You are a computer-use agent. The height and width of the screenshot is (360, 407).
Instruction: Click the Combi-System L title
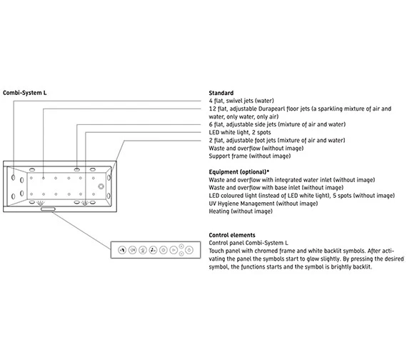tap(25, 93)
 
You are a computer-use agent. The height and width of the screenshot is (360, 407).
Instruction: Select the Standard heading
tap(221, 93)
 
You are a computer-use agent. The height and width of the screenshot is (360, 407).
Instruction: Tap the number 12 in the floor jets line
tap(212, 109)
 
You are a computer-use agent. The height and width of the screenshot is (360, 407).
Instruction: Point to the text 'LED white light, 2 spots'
tap(240, 132)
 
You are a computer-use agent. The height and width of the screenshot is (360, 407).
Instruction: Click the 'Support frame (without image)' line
tap(249, 156)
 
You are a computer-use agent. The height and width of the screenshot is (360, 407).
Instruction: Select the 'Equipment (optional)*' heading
tap(238, 172)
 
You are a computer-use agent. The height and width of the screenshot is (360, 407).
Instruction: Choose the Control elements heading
tap(232, 235)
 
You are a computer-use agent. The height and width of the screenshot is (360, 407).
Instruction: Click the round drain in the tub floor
tap(101, 186)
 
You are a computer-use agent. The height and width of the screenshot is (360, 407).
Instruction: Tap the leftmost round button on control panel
tap(122, 250)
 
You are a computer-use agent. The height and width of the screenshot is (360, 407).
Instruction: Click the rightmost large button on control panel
tap(189, 250)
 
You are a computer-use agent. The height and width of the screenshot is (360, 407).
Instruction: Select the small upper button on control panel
tap(181, 246)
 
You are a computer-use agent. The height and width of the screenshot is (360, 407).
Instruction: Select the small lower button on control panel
tap(181, 254)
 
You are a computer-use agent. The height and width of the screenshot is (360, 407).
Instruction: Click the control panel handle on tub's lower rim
tap(48, 209)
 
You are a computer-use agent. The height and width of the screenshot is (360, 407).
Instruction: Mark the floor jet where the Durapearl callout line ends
tap(44, 178)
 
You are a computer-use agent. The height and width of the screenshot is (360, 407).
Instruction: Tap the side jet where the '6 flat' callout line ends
tap(77, 169)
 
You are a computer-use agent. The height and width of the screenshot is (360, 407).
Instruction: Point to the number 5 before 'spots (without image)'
tap(334, 196)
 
